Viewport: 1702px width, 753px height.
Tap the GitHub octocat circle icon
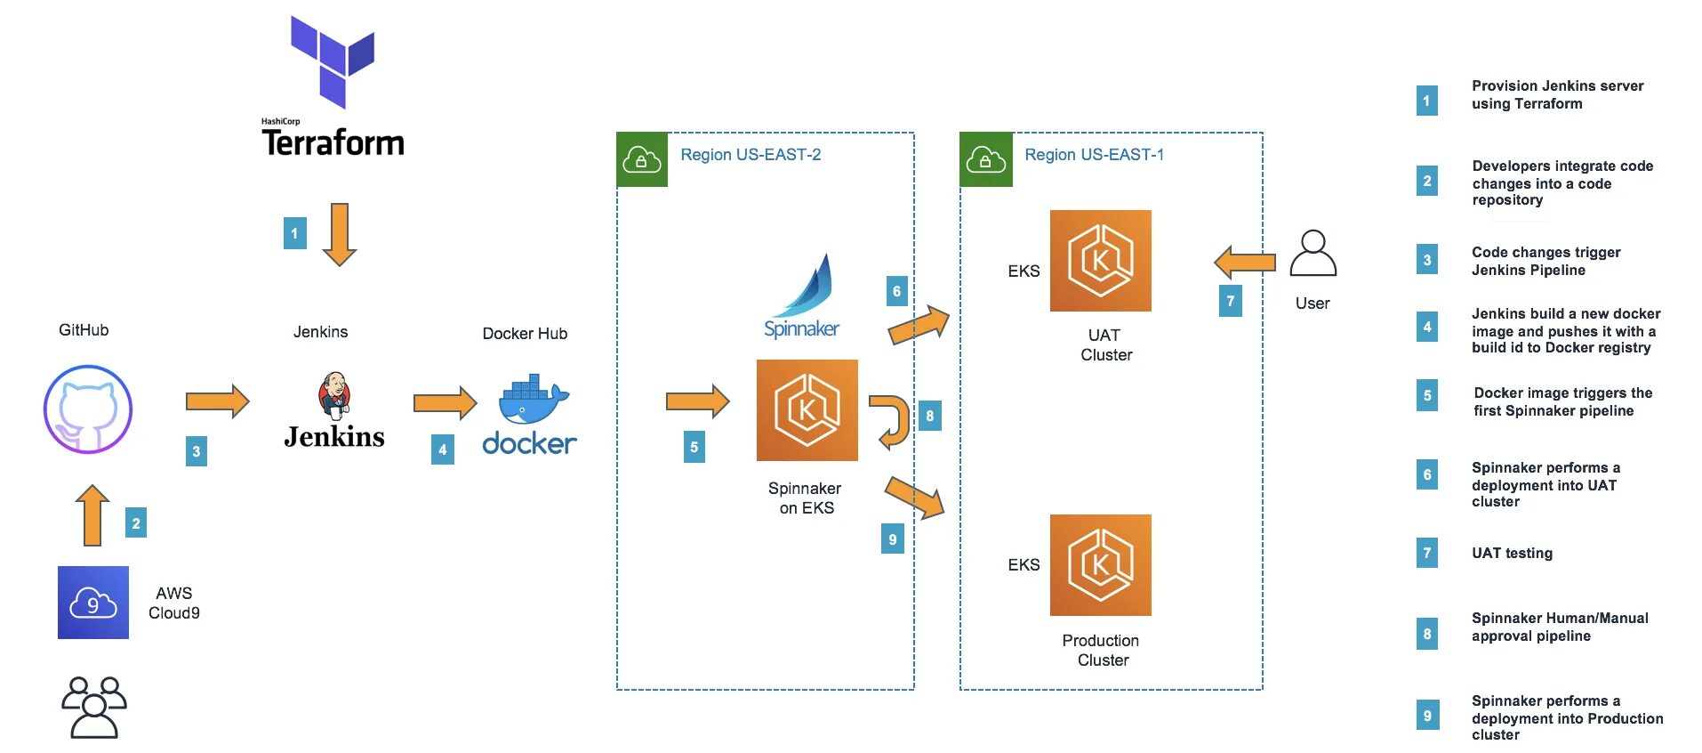[88, 409]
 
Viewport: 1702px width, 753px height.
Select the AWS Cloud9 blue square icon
[93, 603]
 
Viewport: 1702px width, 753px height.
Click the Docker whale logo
[533, 400]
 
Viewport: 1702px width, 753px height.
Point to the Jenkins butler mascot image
[334, 395]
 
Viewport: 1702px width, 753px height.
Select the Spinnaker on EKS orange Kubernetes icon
[807, 410]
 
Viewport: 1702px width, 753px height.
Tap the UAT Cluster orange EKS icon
[1100, 261]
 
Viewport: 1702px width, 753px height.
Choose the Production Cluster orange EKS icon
[1100, 565]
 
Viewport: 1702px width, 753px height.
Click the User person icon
[1313, 255]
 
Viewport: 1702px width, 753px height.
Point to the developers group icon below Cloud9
[93, 708]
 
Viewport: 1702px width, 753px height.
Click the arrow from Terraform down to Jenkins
[339, 234]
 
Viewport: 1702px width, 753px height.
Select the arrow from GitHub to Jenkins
[217, 401]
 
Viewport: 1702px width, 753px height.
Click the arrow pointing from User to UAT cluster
[1244, 263]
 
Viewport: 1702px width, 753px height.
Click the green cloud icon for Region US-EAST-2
[641, 159]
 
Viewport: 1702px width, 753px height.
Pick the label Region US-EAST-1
[1094, 155]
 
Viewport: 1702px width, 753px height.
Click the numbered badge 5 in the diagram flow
[694, 447]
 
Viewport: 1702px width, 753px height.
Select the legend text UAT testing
[1512, 553]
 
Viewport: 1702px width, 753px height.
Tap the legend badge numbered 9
[1426, 715]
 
